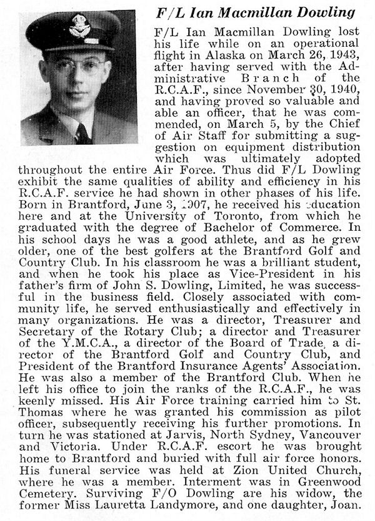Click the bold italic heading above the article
(255, 12)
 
